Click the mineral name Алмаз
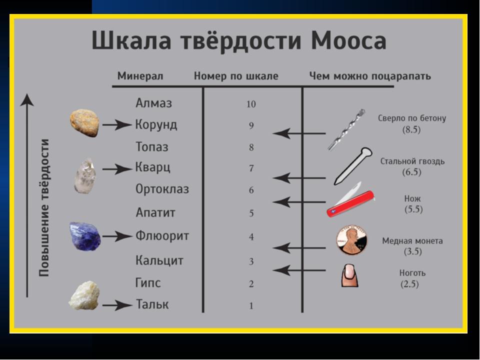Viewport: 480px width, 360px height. point(153,103)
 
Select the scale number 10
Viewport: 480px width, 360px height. point(251,104)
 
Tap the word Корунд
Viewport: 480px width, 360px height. point(156,125)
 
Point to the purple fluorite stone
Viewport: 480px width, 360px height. point(85,236)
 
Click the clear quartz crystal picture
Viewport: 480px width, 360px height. point(85,176)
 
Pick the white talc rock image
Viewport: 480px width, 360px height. point(84,295)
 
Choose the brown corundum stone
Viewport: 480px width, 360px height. point(84,123)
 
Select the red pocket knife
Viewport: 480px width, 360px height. point(350,200)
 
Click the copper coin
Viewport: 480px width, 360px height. point(351,240)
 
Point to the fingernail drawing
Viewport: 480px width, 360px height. point(350,275)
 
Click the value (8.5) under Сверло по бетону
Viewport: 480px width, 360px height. point(411,129)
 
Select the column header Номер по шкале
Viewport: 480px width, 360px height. point(236,76)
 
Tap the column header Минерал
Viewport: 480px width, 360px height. point(140,76)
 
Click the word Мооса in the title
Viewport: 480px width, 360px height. point(348,40)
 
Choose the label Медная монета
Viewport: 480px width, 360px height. point(412,241)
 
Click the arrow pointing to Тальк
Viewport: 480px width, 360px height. point(117,305)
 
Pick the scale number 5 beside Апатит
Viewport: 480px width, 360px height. point(251,213)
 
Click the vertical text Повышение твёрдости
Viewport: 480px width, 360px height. point(44,208)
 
